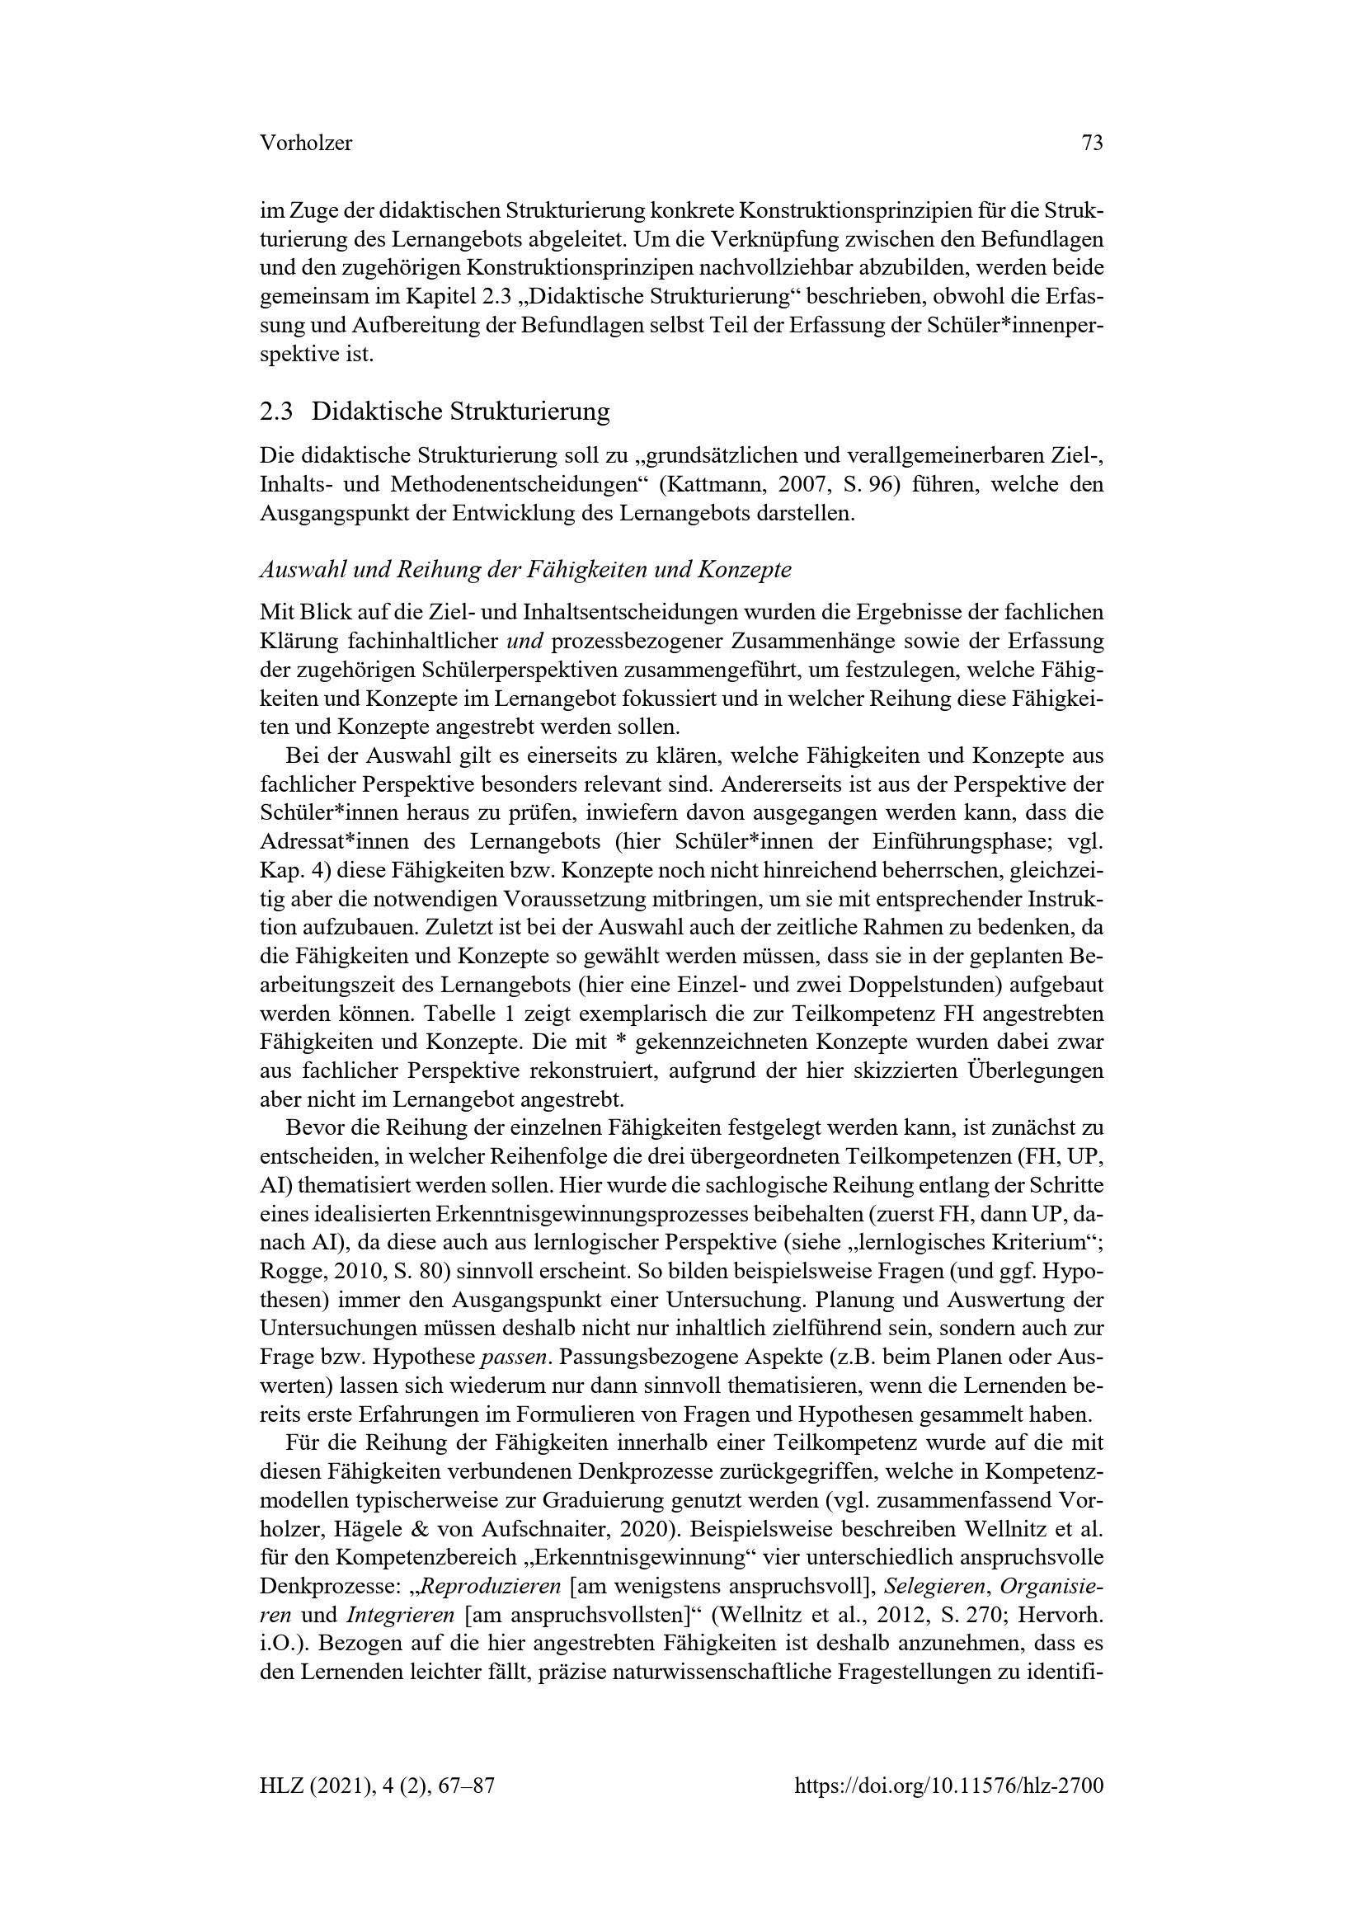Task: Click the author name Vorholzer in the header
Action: (306, 143)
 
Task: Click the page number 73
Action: (1092, 143)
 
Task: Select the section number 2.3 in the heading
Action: (276, 412)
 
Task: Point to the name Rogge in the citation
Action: (288, 1271)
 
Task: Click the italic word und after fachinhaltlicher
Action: (526, 642)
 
